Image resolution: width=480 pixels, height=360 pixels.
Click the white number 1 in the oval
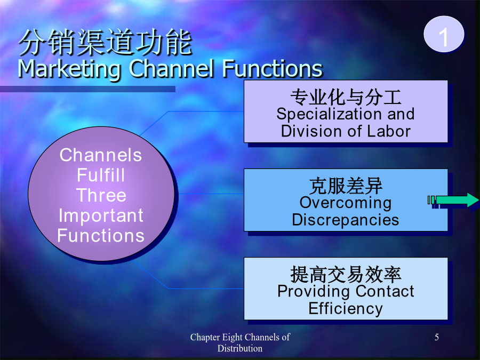[444, 37]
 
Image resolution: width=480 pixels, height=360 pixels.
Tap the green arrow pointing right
[453, 200]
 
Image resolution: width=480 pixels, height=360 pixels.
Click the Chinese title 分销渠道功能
[105, 43]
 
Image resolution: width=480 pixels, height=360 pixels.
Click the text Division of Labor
[346, 131]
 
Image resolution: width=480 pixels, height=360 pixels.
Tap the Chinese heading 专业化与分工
[346, 97]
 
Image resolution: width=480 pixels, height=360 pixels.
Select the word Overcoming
[346, 203]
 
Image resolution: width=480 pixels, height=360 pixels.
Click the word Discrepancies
[346, 220]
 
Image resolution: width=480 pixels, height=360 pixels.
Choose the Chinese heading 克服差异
[346, 186]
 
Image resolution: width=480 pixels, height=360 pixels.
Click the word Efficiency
[346, 309]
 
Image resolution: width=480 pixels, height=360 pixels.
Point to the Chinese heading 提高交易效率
[346, 274]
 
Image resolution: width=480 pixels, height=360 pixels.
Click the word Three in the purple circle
[101, 195]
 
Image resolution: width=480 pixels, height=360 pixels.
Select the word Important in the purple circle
[101, 216]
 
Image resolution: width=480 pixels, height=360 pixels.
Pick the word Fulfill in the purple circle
[101, 175]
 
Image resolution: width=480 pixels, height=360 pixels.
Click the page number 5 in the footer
[437, 337]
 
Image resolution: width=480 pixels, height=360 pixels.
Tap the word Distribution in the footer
[240, 348]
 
